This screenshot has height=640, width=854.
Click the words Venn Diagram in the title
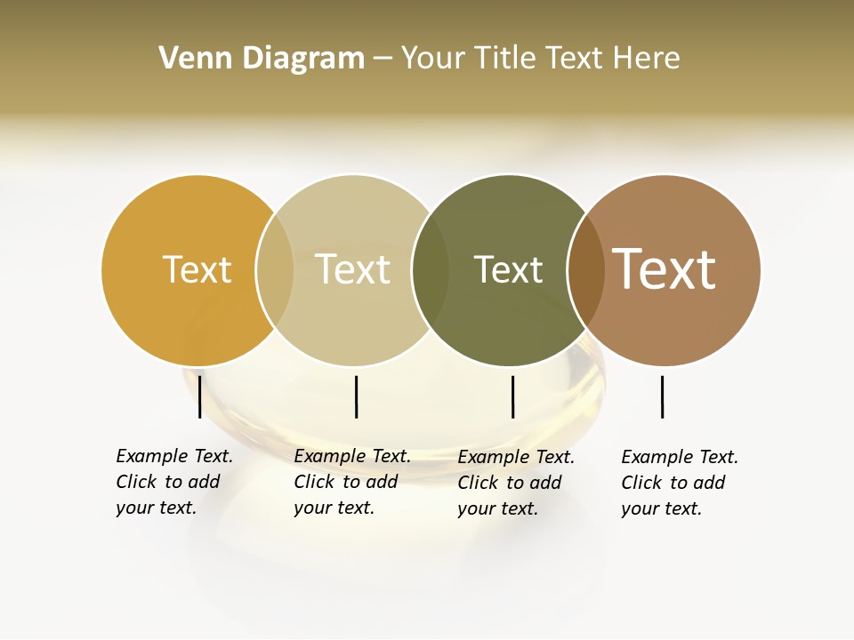click(262, 59)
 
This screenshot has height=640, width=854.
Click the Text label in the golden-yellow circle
click(197, 269)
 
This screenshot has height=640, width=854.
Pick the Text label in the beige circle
click(352, 269)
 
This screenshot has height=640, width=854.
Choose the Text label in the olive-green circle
click(508, 269)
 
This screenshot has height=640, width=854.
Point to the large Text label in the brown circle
click(664, 269)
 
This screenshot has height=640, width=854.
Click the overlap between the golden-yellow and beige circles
click(275, 270)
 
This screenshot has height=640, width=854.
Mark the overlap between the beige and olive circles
click(431, 270)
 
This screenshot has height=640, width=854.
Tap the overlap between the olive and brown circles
click(585, 270)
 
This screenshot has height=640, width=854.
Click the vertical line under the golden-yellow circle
click(200, 396)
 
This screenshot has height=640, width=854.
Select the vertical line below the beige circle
click(356, 396)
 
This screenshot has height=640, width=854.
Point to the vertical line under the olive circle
click(512, 396)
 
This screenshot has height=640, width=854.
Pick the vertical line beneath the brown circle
click(662, 396)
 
